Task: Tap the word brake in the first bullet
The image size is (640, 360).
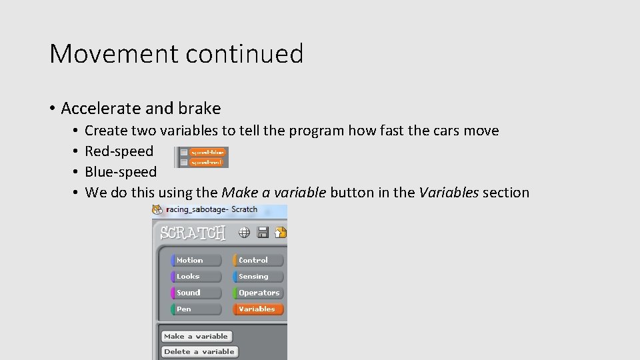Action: click(199, 108)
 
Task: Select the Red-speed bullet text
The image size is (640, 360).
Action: click(119, 151)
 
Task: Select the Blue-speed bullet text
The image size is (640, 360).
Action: click(121, 171)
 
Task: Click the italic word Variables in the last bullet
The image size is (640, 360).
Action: click(448, 193)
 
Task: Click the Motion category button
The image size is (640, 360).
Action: click(196, 260)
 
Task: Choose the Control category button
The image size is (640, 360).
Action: click(258, 260)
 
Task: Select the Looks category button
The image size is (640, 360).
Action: click(196, 276)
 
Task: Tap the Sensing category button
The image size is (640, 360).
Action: click(258, 276)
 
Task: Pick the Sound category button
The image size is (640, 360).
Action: click(196, 293)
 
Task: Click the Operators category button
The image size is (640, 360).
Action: click(258, 293)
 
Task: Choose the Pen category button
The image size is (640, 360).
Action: click(196, 309)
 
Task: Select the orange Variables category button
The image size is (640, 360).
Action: click(258, 309)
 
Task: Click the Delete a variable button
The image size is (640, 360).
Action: click(199, 351)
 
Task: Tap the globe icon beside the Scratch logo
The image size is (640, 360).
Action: click(245, 232)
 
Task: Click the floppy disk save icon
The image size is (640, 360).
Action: click(263, 232)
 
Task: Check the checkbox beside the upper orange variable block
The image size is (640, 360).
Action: click(183, 153)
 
